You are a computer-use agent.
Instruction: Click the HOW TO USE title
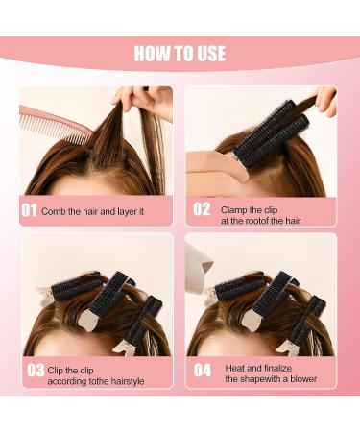tap(180, 52)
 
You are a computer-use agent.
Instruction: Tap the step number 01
tap(30, 209)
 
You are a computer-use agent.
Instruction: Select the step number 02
tap(203, 209)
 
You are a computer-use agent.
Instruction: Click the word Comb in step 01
tap(54, 210)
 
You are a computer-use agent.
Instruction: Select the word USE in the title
tap(205, 52)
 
